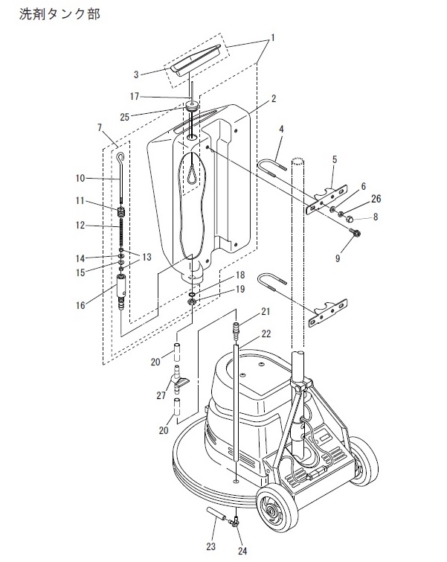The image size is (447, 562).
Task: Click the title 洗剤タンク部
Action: (x=60, y=14)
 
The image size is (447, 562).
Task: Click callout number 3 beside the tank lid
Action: (x=136, y=74)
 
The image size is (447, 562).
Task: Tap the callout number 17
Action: (x=135, y=97)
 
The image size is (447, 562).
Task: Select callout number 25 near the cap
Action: (x=125, y=117)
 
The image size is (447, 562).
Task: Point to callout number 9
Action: (x=338, y=258)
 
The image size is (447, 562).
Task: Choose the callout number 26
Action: (x=376, y=199)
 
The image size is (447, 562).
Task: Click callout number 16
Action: (x=80, y=305)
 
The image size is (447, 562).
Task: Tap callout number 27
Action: (x=161, y=395)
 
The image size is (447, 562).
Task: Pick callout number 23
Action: (x=211, y=546)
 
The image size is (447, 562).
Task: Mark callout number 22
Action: (x=266, y=333)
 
